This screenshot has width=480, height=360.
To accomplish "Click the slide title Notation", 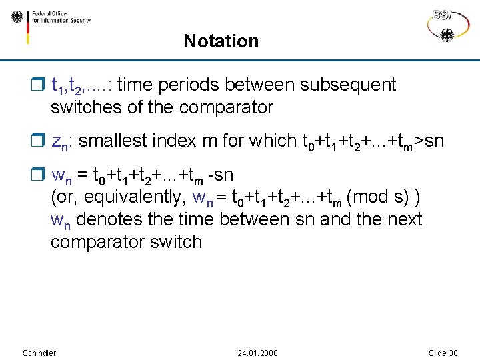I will pyautogui.click(x=221, y=41).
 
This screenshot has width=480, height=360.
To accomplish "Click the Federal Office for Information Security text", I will pyautogui.click(x=60, y=17).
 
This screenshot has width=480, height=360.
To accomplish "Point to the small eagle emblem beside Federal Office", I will pyautogui.click(x=17, y=17).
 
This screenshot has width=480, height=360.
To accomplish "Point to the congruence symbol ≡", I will pyautogui.click(x=221, y=198).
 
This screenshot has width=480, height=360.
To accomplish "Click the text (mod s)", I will pyautogui.click(x=377, y=197).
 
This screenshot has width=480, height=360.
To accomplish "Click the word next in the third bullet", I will pyautogui.click(x=403, y=219).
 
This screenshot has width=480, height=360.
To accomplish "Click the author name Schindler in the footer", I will pyautogui.click(x=39, y=353).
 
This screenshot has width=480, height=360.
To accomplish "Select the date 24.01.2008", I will pyautogui.click(x=257, y=353).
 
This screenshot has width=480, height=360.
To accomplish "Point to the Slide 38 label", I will pyautogui.click(x=443, y=353).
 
